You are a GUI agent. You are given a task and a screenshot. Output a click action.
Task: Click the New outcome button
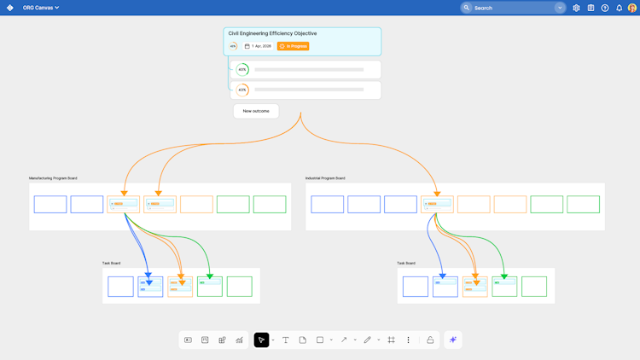click(256, 111)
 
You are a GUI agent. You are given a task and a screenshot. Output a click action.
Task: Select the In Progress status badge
click(293, 46)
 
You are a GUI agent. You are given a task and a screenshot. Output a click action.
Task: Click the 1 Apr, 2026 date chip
click(258, 46)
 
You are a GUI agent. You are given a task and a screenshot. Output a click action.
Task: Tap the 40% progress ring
click(242, 69)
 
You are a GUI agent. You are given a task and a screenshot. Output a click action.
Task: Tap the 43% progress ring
click(242, 90)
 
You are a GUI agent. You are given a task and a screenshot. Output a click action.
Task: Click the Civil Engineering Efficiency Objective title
click(272, 33)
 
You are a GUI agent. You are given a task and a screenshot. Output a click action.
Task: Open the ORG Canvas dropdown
click(41, 8)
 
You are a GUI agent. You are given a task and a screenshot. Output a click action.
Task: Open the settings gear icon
click(576, 8)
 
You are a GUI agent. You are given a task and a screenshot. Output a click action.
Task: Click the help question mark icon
click(605, 8)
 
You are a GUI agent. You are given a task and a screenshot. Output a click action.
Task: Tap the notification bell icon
click(620, 8)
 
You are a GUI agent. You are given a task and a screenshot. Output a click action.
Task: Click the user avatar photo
click(632, 8)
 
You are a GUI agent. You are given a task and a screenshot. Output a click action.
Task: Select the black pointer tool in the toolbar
click(261, 340)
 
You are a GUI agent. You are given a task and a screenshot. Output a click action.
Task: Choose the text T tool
click(286, 340)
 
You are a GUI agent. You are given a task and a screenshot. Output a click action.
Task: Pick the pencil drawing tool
click(368, 340)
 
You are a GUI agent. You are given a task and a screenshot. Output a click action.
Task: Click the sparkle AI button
click(453, 340)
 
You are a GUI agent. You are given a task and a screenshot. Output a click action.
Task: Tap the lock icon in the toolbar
click(430, 340)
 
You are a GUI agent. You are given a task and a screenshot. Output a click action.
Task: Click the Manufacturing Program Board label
click(53, 178)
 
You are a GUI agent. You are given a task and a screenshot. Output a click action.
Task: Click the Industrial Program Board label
click(325, 178)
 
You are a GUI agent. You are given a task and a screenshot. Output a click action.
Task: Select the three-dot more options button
click(408, 340)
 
